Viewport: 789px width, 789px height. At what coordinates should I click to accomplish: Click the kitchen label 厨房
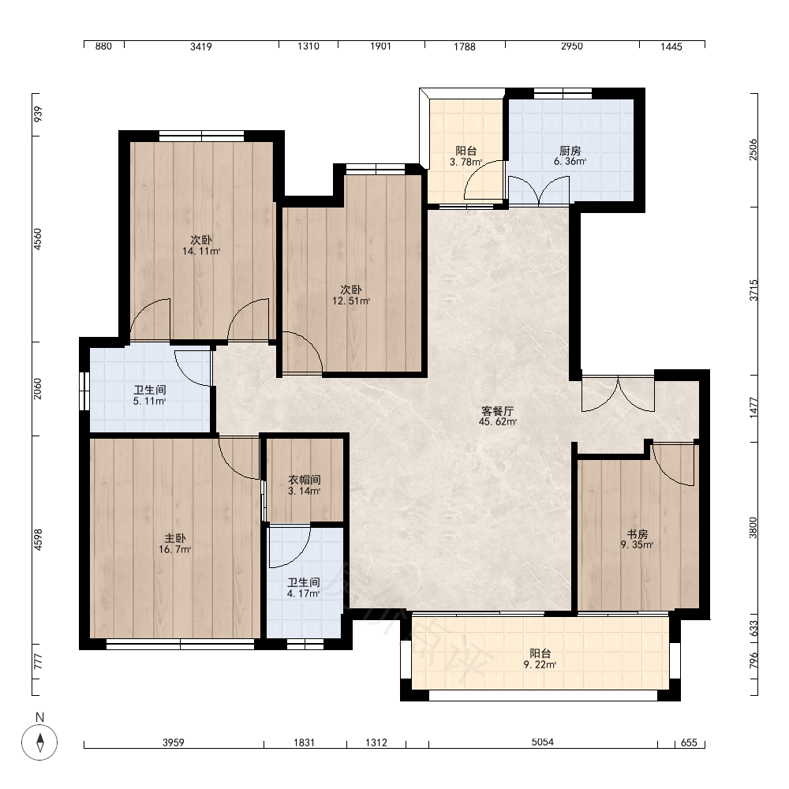pyautogui.click(x=570, y=151)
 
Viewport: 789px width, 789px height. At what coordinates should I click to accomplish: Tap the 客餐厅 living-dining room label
pyautogui.click(x=498, y=410)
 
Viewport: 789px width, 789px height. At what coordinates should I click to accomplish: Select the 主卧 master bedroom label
pyautogui.click(x=175, y=538)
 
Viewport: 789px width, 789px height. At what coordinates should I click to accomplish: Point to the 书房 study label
pyautogui.click(x=637, y=534)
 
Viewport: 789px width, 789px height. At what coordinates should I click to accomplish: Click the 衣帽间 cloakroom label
pyautogui.click(x=305, y=480)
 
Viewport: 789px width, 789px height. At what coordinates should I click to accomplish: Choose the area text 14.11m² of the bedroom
pyautogui.click(x=201, y=251)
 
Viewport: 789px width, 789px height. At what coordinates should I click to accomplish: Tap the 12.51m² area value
pyautogui.click(x=351, y=301)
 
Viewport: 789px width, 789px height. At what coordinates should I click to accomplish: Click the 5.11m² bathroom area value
pyautogui.click(x=149, y=401)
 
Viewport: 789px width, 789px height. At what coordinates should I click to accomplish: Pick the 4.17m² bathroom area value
pyautogui.click(x=304, y=594)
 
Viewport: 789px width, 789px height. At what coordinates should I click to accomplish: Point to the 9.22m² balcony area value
pyautogui.click(x=540, y=664)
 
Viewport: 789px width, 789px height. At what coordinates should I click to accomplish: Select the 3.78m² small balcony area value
pyautogui.click(x=466, y=162)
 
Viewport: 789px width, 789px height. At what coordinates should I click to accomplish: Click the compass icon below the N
pyautogui.click(x=39, y=742)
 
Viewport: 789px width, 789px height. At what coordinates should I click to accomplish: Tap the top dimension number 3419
pyautogui.click(x=200, y=47)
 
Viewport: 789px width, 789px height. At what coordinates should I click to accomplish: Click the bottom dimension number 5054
pyautogui.click(x=543, y=742)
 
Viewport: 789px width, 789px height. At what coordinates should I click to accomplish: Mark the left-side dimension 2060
pyautogui.click(x=38, y=389)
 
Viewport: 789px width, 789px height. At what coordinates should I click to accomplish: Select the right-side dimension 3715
pyautogui.click(x=753, y=290)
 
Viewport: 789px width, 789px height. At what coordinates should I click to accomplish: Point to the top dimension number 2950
pyautogui.click(x=571, y=47)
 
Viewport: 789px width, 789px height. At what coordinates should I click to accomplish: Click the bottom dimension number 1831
pyautogui.click(x=304, y=742)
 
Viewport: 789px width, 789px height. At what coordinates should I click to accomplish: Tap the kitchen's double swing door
pyautogui.click(x=539, y=191)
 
